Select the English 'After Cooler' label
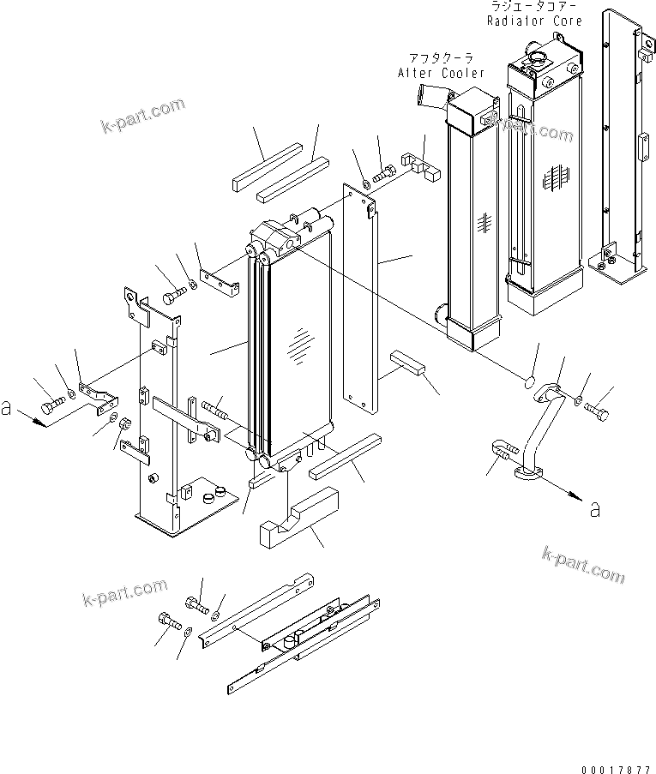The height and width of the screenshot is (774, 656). click(x=441, y=73)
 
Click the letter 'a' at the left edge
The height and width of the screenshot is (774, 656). click(x=7, y=409)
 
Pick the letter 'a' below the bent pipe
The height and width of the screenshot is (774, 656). click(x=594, y=509)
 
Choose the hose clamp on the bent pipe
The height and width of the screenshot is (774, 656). click(x=504, y=448)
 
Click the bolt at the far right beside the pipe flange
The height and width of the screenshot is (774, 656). click(x=599, y=415)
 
